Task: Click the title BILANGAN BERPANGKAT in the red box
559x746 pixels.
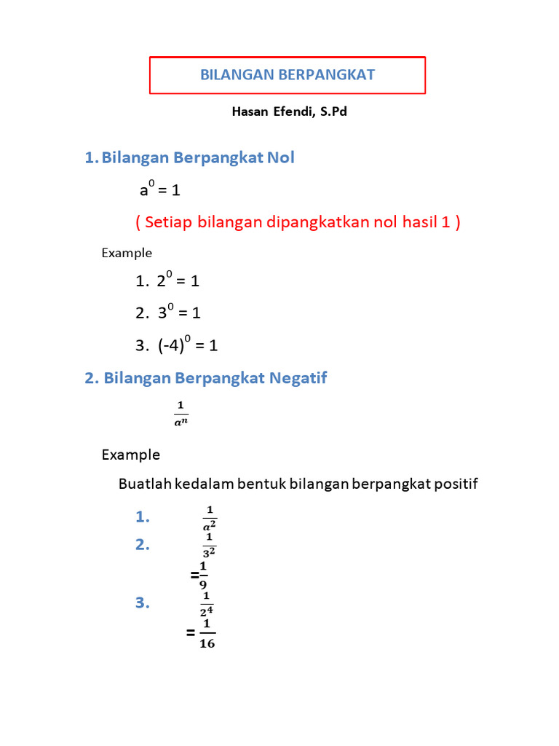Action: (x=288, y=75)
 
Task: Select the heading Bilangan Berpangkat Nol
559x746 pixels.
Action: (x=198, y=157)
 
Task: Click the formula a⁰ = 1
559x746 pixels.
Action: (x=160, y=190)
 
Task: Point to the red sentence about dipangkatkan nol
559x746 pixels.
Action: (x=298, y=222)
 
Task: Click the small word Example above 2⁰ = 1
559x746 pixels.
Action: (x=127, y=253)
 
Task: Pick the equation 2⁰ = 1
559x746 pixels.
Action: (x=178, y=280)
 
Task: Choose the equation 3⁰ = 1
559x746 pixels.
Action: (x=178, y=313)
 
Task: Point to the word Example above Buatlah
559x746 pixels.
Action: (x=131, y=455)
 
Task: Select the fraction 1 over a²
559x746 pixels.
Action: (x=210, y=517)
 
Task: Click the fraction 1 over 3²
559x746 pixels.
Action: (x=209, y=544)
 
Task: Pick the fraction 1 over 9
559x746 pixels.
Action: (x=203, y=575)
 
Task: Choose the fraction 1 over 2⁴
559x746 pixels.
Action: (x=207, y=603)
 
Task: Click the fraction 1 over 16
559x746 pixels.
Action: (x=207, y=633)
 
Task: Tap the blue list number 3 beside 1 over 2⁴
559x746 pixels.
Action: (x=142, y=602)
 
